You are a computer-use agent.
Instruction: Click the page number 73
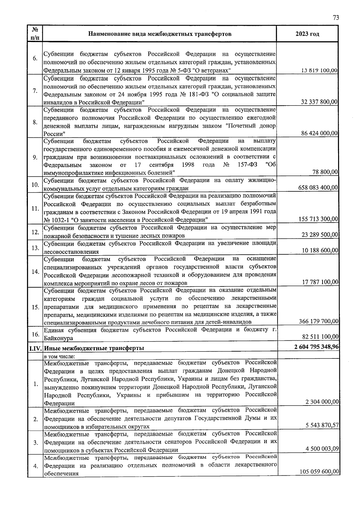(x=336, y=18)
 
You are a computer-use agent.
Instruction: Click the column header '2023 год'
(x=307, y=34)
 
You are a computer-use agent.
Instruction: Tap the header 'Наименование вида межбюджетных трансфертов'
(x=160, y=34)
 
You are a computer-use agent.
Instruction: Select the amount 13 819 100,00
(x=319, y=71)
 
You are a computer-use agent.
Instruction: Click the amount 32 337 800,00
(x=319, y=102)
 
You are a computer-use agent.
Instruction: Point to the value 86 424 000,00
(x=319, y=133)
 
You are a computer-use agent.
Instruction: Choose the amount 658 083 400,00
(x=318, y=188)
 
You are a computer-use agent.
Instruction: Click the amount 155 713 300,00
(x=318, y=219)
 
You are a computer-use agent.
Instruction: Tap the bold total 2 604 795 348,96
(x=316, y=347)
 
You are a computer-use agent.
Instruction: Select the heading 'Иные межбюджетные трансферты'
(x=94, y=348)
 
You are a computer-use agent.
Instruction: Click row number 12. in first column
(x=35, y=232)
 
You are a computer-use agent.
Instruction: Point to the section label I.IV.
(x=35, y=348)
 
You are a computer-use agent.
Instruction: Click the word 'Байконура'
(x=58, y=338)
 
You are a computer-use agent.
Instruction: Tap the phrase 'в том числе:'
(x=59, y=356)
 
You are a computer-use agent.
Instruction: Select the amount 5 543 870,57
(x=322, y=425)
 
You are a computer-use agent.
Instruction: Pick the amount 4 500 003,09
(x=322, y=449)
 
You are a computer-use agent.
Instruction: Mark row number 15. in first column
(x=35, y=307)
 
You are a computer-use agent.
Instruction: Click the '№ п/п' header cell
(x=35, y=34)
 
